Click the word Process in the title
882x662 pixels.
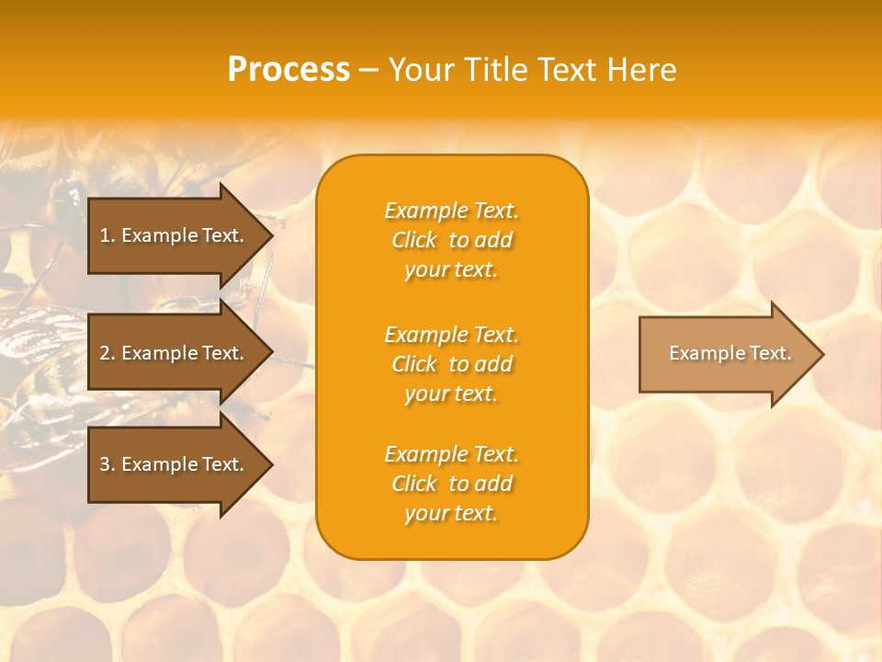point(288,70)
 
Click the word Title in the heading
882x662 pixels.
point(494,70)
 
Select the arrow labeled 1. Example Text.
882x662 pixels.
point(175,235)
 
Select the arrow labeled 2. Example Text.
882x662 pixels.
point(175,353)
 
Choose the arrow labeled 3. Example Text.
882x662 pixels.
point(175,465)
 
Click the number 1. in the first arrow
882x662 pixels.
point(107,235)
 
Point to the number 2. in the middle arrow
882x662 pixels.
point(107,353)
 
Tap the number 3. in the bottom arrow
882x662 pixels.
point(107,465)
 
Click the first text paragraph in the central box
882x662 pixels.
point(451,240)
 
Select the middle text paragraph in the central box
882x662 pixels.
point(451,364)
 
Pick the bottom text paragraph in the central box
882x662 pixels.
point(451,484)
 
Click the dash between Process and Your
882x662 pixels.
point(369,70)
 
